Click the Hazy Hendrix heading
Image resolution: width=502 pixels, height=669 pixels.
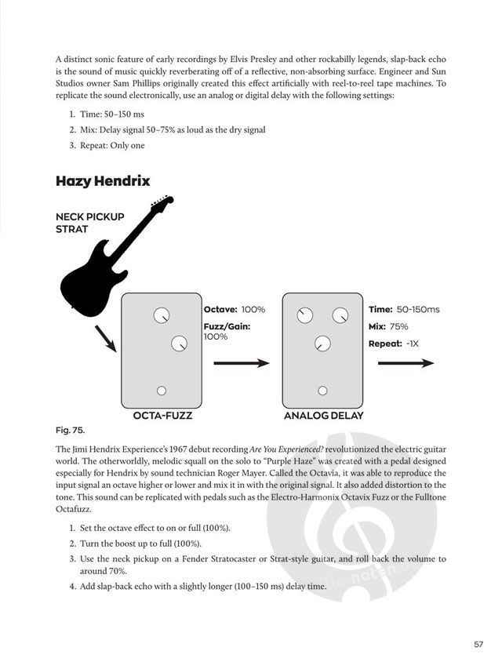[103, 181]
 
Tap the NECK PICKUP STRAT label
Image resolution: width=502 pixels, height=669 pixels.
[90, 223]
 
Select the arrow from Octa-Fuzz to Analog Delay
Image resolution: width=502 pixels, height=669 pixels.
[241, 363]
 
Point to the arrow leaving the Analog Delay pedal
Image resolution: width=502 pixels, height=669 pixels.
[405, 363]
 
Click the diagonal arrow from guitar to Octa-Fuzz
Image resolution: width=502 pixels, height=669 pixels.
[105, 338]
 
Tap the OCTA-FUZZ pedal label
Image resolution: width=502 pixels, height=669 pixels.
[163, 416]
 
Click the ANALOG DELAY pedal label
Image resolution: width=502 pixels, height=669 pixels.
[323, 416]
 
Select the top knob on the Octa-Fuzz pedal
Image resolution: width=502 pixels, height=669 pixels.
[161, 315]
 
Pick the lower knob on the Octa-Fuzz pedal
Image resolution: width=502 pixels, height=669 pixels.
[179, 344]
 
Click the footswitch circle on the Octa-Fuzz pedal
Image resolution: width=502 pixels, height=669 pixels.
[162, 391]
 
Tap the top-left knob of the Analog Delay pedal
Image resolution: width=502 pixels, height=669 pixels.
[304, 315]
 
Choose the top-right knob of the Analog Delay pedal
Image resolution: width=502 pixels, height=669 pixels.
[340, 315]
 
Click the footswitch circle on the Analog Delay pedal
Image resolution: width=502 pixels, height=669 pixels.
[322, 391]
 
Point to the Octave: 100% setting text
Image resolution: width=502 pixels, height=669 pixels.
[235, 310]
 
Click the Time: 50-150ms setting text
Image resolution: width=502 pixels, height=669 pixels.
[404, 310]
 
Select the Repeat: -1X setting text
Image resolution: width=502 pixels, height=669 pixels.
[394, 344]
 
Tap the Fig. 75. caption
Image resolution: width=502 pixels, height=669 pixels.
[70, 431]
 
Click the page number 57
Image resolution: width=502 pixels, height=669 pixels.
[478, 645]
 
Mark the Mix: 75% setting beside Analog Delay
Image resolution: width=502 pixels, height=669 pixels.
[388, 326]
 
